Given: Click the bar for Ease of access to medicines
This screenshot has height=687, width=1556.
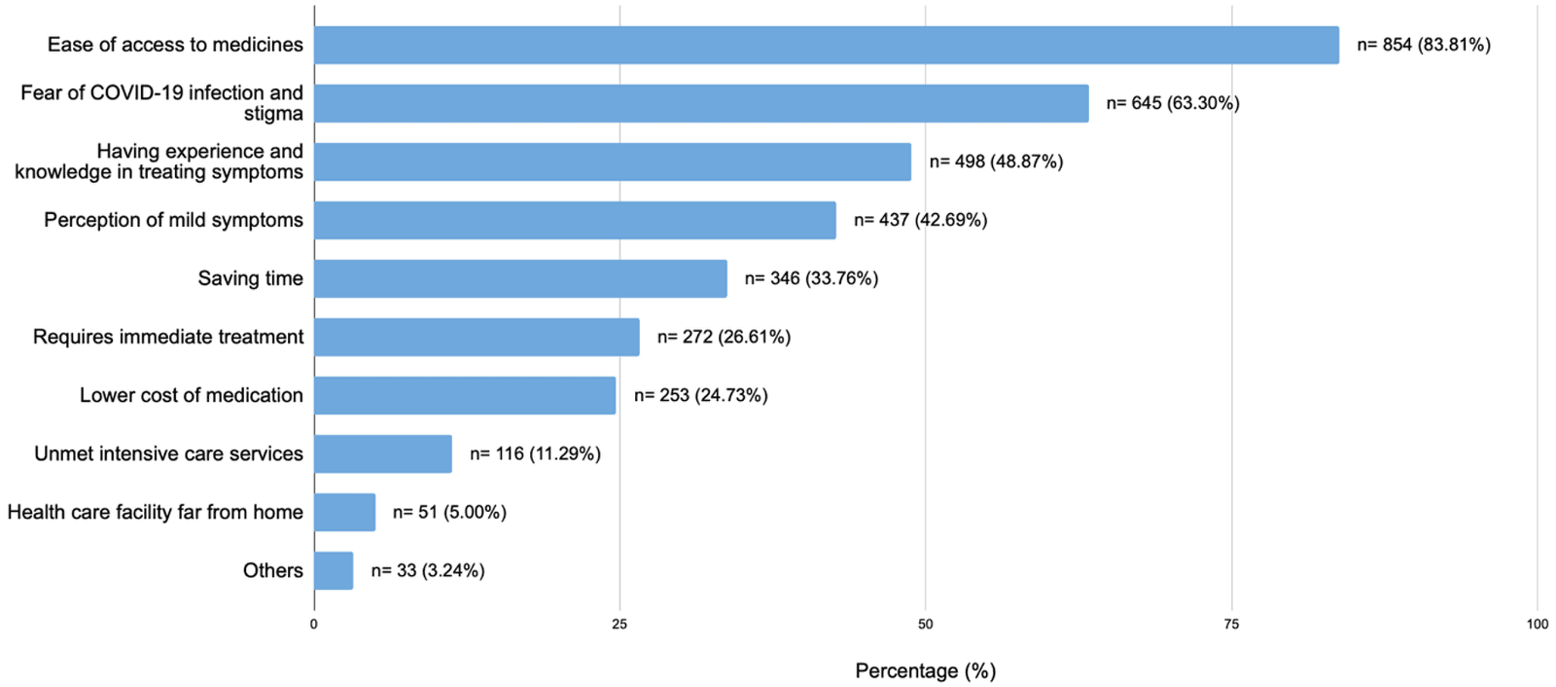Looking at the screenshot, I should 826,45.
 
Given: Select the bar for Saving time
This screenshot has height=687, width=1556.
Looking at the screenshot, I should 520,278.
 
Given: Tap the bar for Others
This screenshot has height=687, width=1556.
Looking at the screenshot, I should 334,570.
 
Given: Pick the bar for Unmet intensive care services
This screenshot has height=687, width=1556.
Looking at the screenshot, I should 383,453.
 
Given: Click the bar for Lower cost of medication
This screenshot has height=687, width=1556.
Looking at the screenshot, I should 465,395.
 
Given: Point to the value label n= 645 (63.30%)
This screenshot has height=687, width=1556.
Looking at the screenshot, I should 1172,103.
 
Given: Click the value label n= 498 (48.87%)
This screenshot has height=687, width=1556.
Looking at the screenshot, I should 996,162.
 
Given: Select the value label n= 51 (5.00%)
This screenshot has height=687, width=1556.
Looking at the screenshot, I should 449,512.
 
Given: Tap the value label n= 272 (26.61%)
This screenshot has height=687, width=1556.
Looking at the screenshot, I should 724,337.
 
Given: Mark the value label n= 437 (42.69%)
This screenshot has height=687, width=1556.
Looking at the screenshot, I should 920,220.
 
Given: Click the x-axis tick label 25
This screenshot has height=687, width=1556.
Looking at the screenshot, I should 619,624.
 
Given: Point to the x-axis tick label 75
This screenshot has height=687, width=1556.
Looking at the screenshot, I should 1231,624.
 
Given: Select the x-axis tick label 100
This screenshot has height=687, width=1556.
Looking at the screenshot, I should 1537,624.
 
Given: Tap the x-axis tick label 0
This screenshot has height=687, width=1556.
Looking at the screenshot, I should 314,624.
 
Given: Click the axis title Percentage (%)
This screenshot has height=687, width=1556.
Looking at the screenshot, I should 925,670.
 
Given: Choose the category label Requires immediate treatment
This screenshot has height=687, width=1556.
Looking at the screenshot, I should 168,337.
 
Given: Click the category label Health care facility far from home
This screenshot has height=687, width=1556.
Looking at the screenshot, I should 156,512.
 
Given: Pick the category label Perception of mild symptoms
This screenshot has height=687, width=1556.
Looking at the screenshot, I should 173,220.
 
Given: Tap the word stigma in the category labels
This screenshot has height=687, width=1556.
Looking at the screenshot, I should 273,114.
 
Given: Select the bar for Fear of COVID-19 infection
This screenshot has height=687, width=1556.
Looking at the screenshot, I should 701,103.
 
